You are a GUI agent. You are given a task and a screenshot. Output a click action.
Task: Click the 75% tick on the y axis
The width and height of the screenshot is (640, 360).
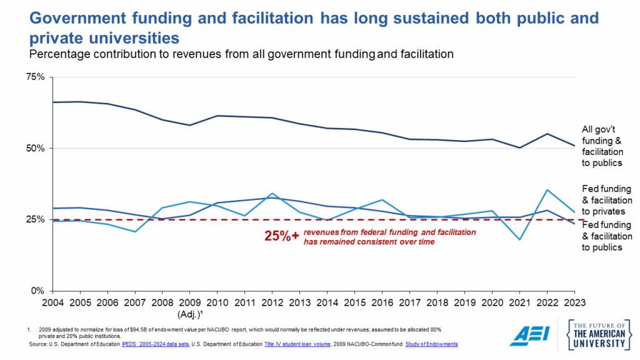click(36, 77)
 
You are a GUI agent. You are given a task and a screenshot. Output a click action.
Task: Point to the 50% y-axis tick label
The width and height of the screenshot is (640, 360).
click(36, 148)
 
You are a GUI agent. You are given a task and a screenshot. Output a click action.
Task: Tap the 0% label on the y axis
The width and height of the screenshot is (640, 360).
click(38, 291)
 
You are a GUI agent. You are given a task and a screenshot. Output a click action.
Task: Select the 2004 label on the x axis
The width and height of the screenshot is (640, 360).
click(52, 303)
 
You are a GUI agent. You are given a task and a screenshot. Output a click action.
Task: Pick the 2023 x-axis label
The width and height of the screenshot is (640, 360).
click(575, 303)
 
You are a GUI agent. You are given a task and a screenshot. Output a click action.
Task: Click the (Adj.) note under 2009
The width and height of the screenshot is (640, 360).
click(189, 314)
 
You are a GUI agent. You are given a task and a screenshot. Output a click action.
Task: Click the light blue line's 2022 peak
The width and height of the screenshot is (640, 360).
click(547, 190)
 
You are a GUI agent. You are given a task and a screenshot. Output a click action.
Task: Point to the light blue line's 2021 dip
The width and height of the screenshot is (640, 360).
click(519, 239)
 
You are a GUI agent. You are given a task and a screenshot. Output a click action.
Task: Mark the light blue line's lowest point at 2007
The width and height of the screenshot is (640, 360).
click(135, 232)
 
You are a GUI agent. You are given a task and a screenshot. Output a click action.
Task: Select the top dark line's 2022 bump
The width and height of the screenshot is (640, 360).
click(547, 134)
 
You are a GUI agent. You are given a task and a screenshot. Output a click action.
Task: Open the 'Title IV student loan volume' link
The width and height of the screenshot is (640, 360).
click(298, 344)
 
